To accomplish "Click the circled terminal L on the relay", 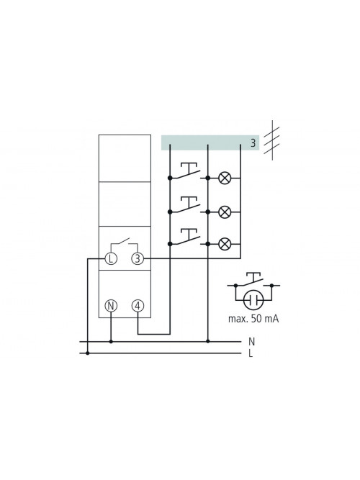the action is pyautogui.click(x=111, y=258).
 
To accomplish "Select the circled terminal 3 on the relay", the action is pyautogui.click(x=138, y=258).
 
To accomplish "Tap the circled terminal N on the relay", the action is pyautogui.click(x=111, y=306).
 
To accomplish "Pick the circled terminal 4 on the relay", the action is pyautogui.click(x=138, y=306).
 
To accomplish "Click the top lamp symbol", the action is pyautogui.click(x=225, y=178).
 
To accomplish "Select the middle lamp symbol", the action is pyautogui.click(x=225, y=212).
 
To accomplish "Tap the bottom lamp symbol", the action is pyautogui.click(x=225, y=244).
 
